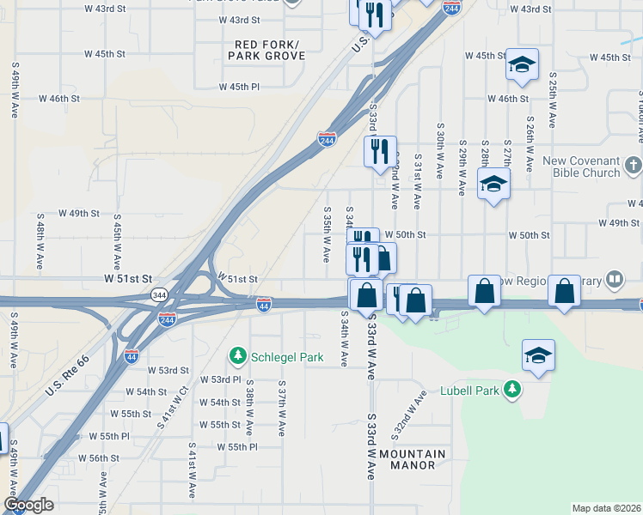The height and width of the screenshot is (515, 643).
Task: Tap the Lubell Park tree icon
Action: coord(512,391)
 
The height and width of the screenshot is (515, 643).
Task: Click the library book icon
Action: coord(615,280)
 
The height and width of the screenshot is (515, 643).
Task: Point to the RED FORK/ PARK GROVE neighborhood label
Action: coord(266,50)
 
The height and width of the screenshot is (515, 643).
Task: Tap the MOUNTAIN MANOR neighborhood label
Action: coord(413,460)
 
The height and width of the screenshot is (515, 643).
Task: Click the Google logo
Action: coord(28,506)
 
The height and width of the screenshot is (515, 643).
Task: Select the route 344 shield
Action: coord(159,294)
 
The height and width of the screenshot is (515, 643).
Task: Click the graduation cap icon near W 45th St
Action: coord(522,64)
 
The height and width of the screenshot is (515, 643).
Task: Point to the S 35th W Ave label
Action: coord(327,234)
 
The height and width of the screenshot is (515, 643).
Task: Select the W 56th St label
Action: coord(98,458)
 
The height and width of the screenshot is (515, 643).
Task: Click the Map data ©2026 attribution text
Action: coord(606,508)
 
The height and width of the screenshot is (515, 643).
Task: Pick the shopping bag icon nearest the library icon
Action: coord(565,292)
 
